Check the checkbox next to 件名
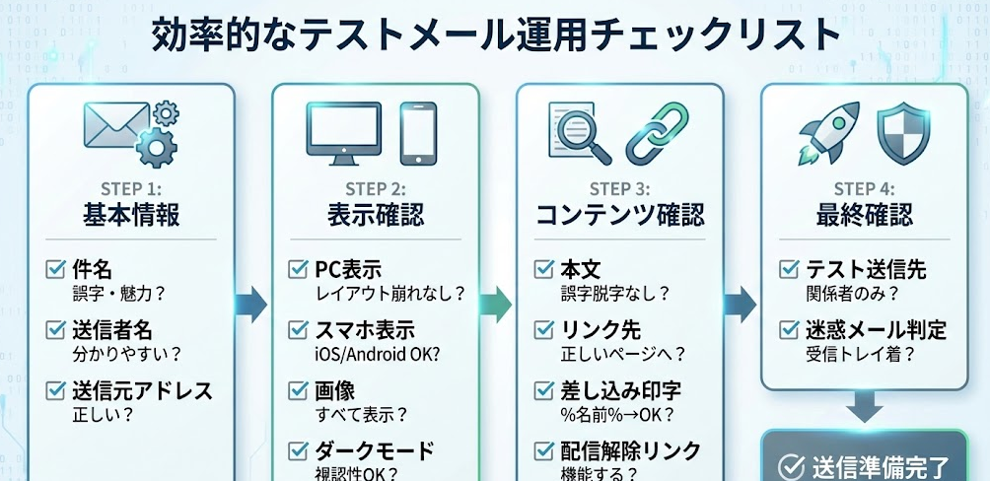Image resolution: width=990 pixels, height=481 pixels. coord(56,268)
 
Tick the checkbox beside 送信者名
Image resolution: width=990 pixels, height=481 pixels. coord(56,329)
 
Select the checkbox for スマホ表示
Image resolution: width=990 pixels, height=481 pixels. coord(299,330)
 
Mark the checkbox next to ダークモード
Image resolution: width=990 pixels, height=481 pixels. coord(299,451)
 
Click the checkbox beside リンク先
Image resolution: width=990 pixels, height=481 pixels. coord(544,329)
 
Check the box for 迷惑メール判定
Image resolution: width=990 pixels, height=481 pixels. coord(789,329)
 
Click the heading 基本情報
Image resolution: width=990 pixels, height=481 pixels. coord(131,214)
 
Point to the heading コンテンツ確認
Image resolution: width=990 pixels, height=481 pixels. coord(620,214)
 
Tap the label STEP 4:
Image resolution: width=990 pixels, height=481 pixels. coord(865,188)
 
